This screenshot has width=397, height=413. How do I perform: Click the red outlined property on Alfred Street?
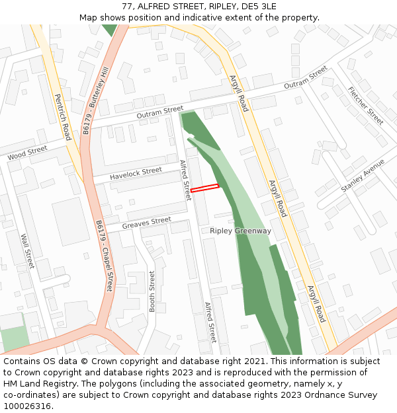pos(204,188)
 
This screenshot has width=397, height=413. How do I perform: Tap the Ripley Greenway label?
pos(240,231)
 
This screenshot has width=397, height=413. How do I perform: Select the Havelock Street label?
pos(136,172)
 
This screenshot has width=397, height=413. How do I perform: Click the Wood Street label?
pos(27,153)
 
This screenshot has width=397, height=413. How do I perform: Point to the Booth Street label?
pos(152,291)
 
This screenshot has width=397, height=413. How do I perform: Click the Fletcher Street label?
pos(365,106)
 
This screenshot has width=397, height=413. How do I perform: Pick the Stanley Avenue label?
pos(363,176)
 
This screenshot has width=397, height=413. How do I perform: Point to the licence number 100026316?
pos(27,406)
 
